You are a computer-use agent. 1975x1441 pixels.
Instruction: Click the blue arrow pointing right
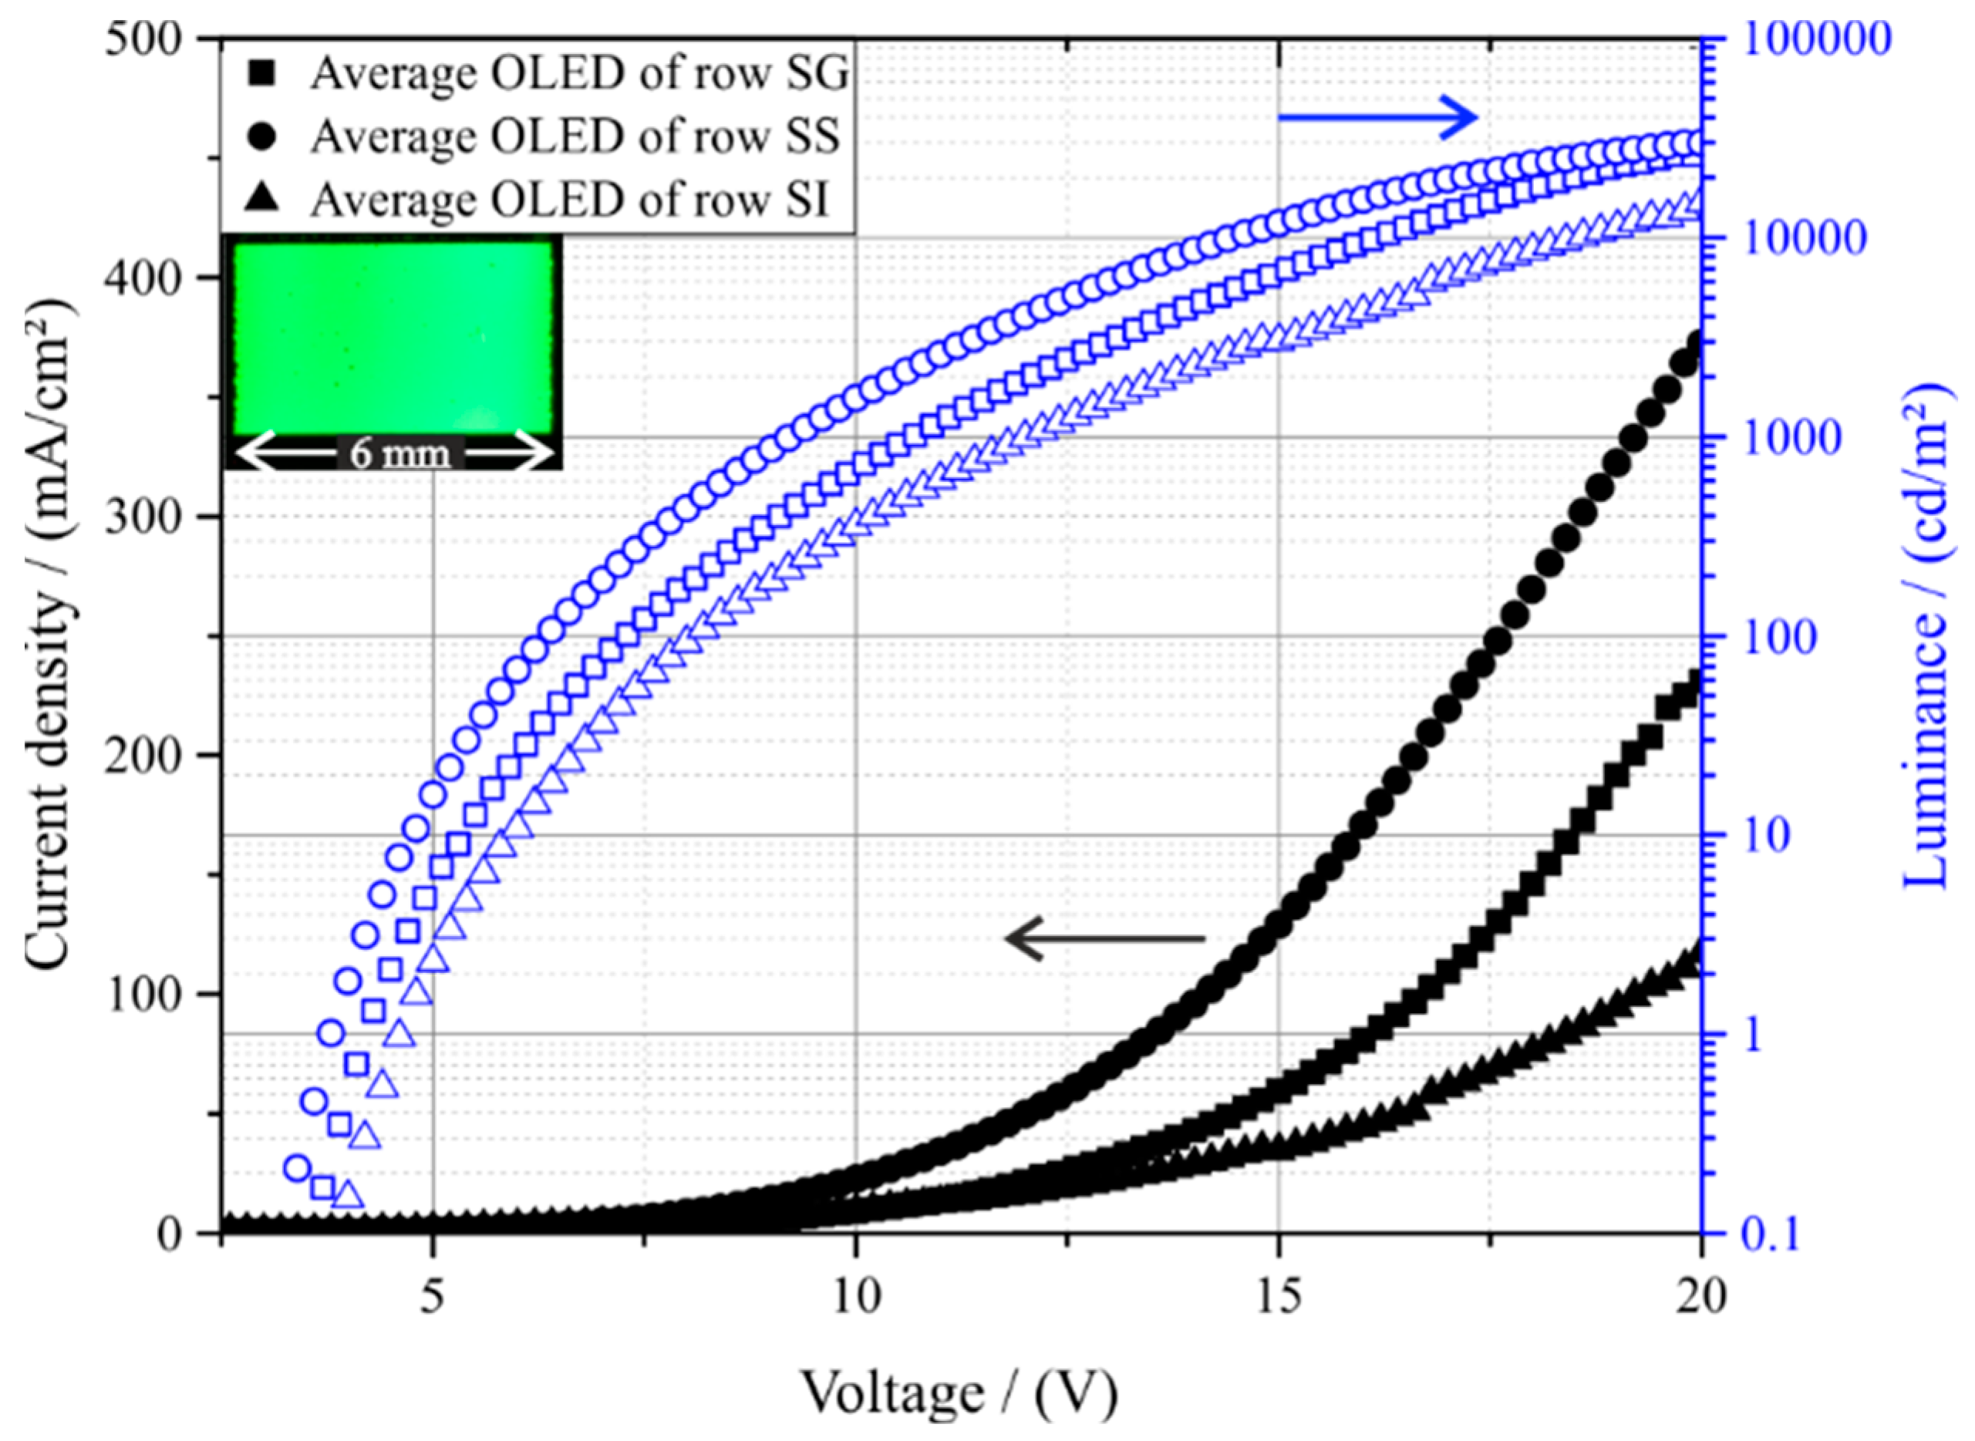tap(1378, 118)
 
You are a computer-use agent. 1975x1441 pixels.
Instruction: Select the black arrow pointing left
tap(1104, 938)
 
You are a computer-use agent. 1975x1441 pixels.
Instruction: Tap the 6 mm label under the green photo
tap(400, 453)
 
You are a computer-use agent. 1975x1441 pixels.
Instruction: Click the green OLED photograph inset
tap(393, 338)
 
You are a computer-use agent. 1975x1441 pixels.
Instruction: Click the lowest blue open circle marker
tap(298, 1167)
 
